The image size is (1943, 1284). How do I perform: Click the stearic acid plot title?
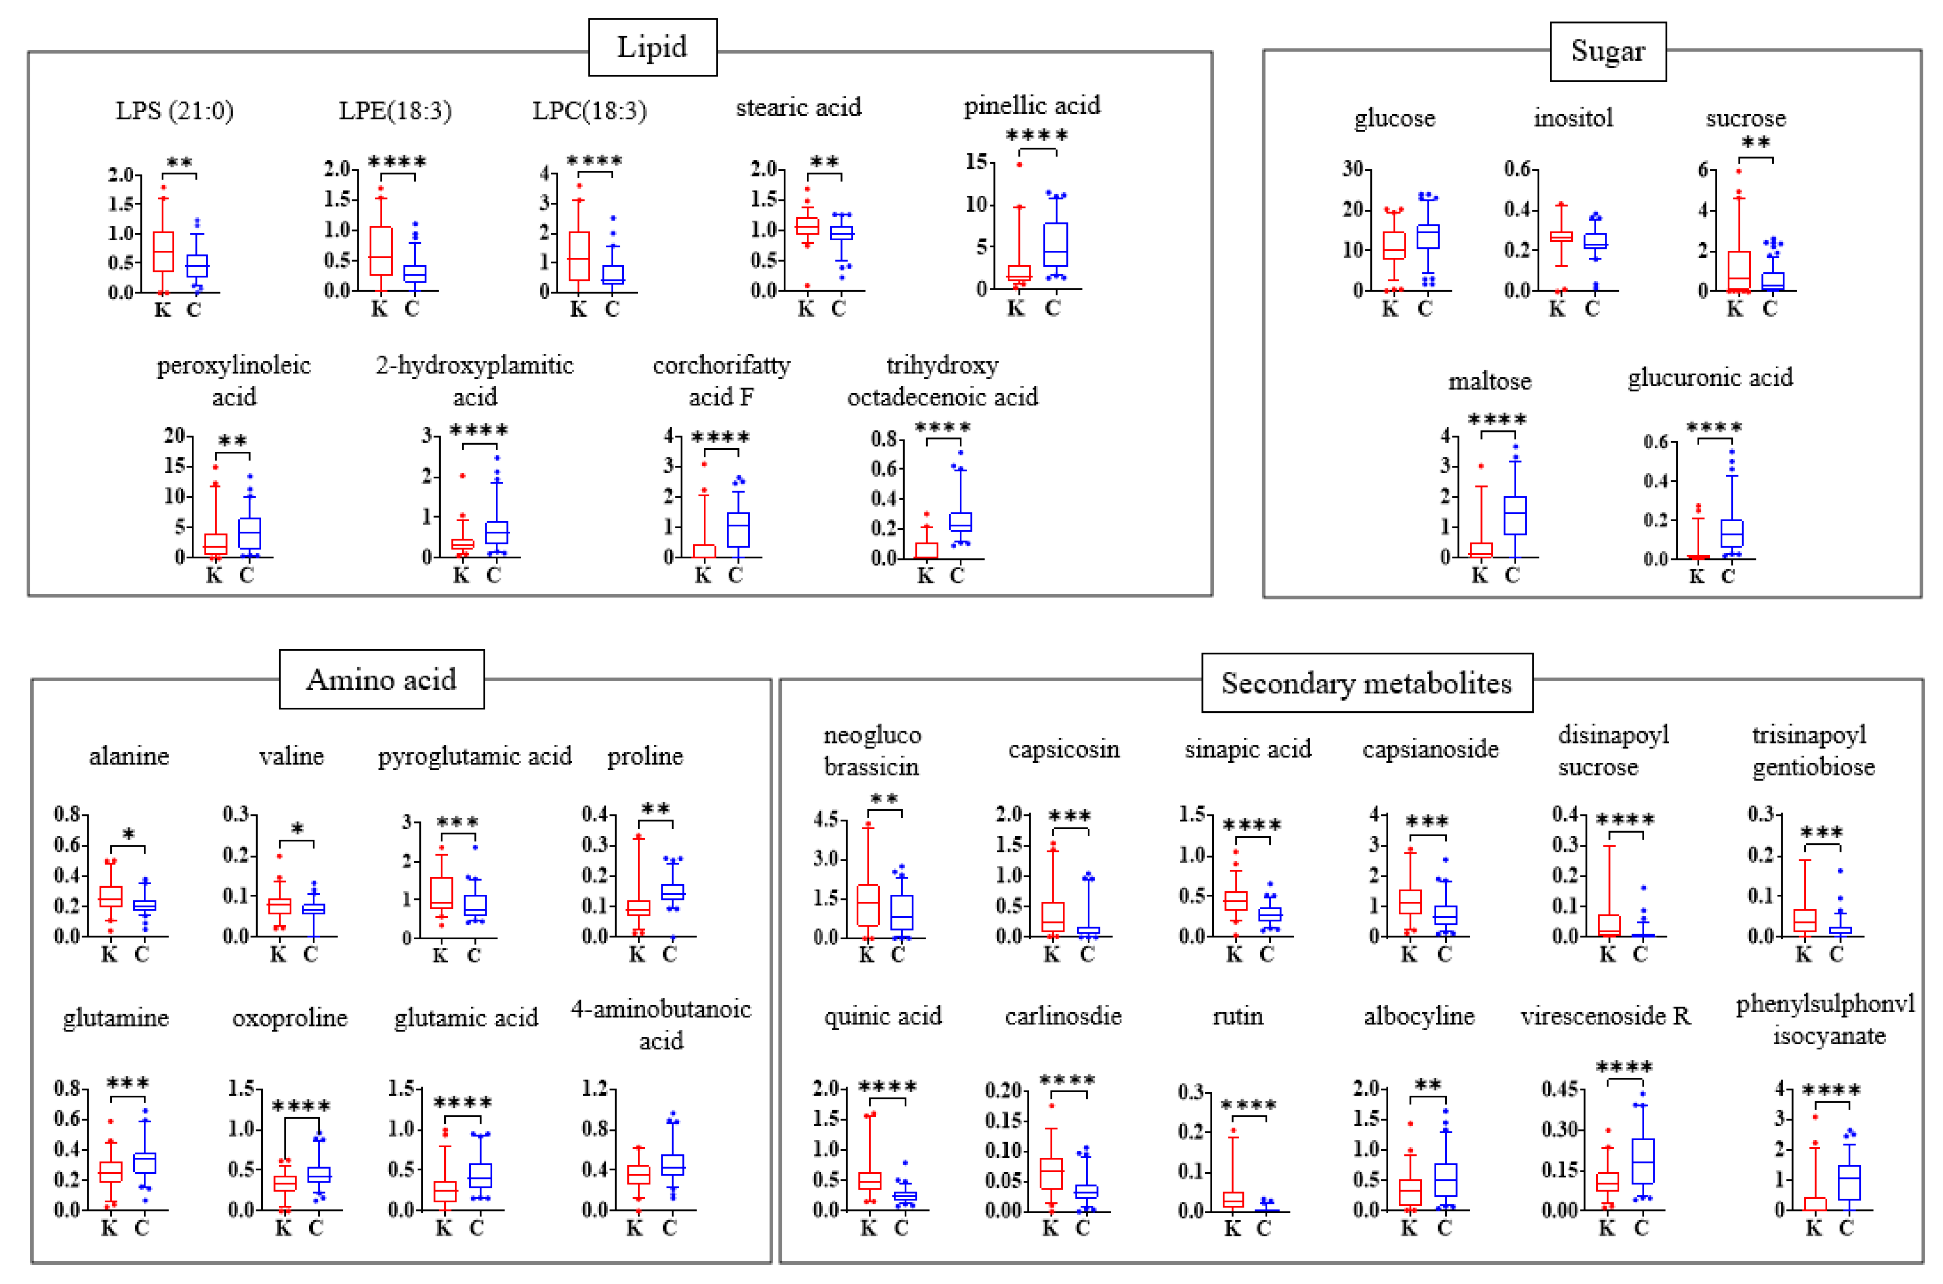click(799, 107)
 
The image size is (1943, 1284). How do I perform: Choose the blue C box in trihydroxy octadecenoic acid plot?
click(960, 522)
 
